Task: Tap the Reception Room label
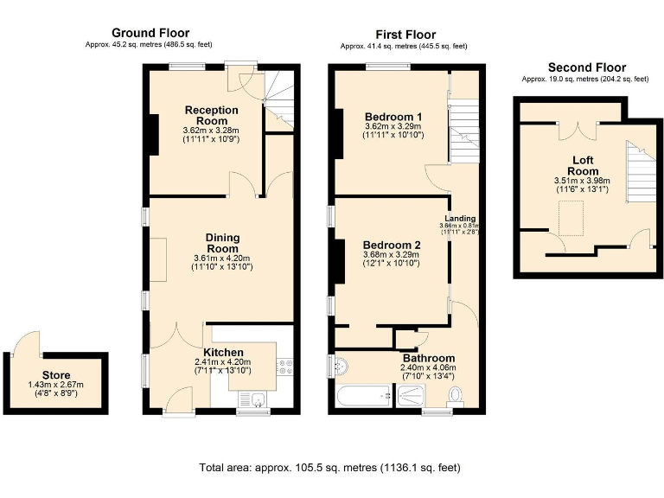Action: (211, 115)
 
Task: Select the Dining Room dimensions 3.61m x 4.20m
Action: (222, 258)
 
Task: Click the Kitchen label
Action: (222, 352)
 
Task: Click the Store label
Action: (56, 374)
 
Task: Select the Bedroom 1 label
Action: (393, 117)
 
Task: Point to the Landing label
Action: (461, 219)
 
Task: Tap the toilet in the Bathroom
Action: (456, 395)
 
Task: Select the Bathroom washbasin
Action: (340, 366)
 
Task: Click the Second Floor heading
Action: (586, 67)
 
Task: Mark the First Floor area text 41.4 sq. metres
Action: (404, 46)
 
